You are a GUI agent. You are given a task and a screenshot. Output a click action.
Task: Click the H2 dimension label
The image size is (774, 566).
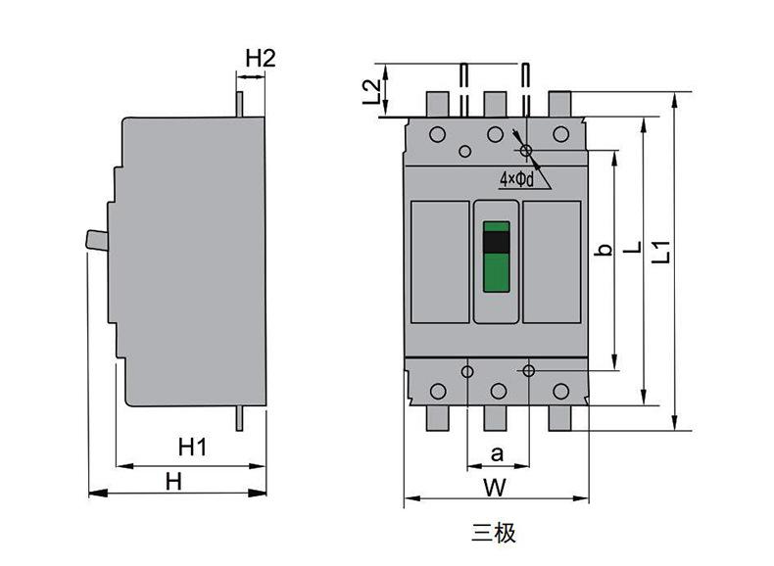261,58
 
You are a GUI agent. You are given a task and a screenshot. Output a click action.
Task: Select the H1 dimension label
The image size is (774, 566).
192,448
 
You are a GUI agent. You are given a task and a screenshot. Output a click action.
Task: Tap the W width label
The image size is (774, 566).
495,488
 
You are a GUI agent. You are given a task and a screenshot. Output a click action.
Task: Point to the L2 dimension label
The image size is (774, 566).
371,92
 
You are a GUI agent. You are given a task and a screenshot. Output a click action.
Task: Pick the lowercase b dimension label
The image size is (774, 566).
604,250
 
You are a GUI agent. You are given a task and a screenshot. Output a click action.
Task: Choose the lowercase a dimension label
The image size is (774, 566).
497,453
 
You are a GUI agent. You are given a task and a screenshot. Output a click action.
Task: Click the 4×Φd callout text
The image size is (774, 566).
517,179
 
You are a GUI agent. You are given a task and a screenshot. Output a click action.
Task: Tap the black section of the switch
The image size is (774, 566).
496,242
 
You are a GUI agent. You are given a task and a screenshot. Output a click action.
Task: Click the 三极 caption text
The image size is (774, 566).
494,533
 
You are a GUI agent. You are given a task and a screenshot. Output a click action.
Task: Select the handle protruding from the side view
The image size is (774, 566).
97,240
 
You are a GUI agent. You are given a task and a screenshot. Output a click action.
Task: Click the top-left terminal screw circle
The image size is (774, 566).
437,134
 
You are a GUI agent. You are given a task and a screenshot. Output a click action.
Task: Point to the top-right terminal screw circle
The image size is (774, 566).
560,134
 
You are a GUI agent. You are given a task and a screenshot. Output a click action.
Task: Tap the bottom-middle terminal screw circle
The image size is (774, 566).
499,392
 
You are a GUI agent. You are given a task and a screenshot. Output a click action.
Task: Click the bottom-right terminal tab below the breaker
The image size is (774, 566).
560,418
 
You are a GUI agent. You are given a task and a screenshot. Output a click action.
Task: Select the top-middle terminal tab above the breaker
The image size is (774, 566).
495,104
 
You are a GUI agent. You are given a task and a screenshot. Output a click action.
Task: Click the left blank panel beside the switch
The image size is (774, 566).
440,262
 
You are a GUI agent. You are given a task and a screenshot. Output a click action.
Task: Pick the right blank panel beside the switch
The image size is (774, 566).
552,262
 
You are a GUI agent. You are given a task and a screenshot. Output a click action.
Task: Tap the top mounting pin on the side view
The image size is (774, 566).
239,104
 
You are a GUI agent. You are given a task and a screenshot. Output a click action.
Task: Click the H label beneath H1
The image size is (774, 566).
173,482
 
